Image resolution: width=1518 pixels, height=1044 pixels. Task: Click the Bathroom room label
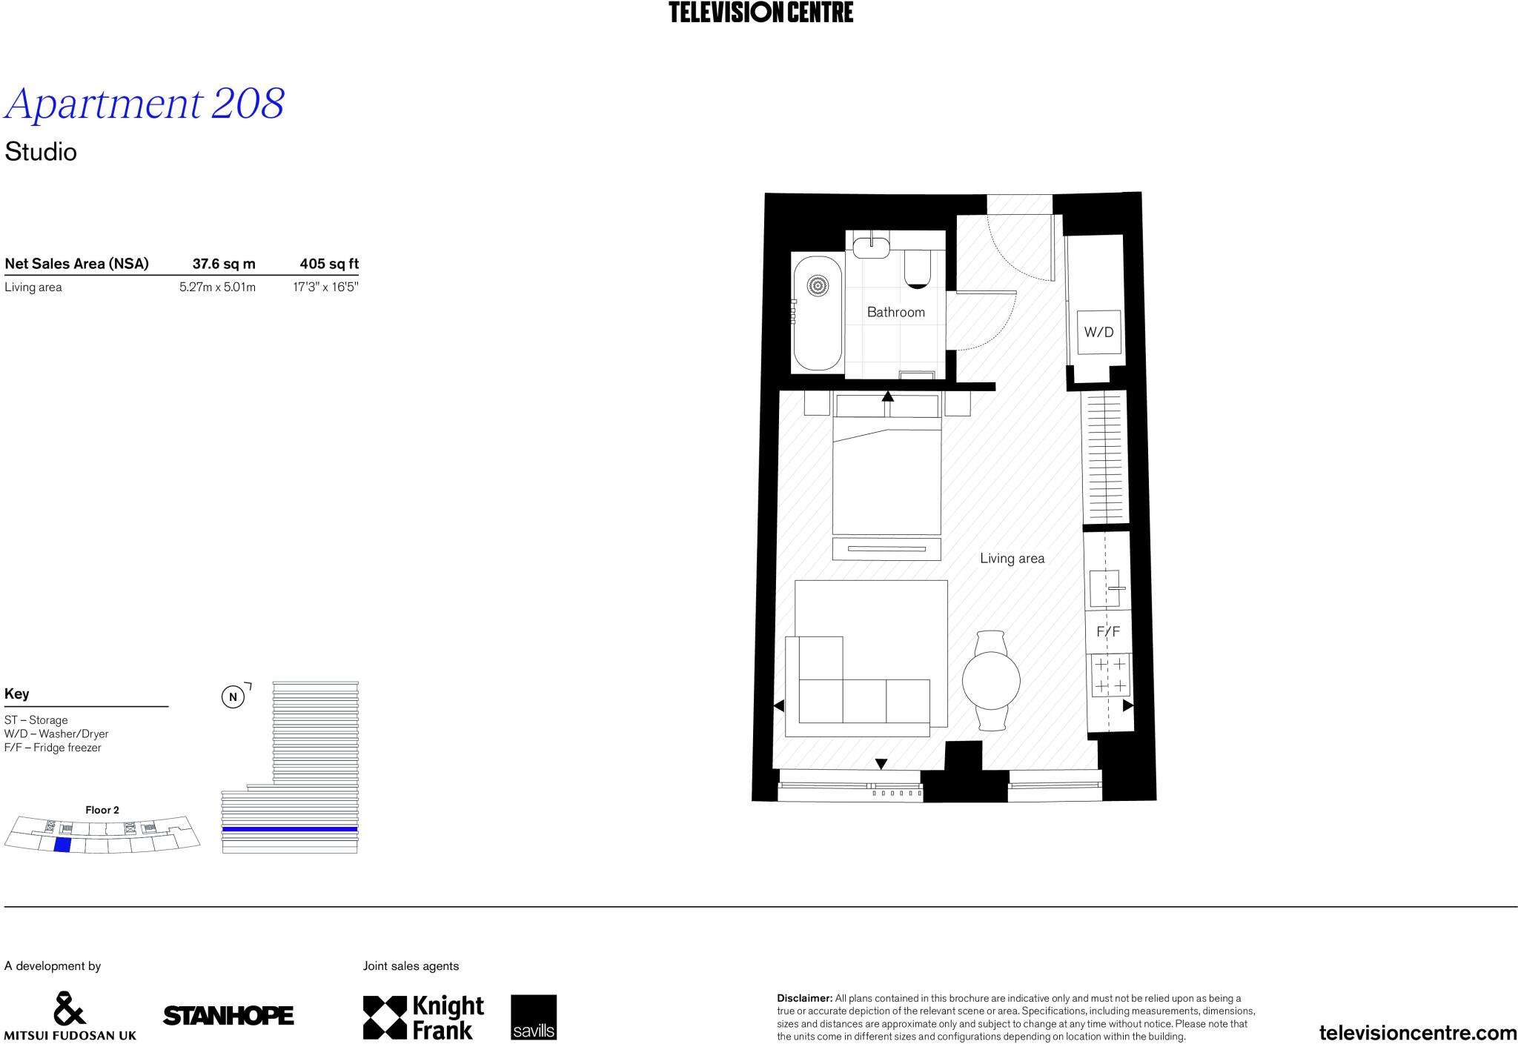[x=895, y=312]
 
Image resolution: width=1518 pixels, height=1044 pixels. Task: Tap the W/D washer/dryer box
[x=1098, y=332]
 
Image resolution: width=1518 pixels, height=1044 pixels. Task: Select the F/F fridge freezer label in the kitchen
[x=1108, y=632]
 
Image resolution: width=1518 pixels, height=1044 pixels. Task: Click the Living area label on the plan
[x=1012, y=559]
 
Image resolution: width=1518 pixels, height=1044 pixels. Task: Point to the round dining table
[x=991, y=680]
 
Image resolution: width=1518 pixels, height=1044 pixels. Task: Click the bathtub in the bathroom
[x=818, y=313]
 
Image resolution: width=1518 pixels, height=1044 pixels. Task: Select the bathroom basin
[x=871, y=246]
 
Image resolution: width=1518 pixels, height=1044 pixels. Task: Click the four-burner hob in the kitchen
[x=1110, y=676]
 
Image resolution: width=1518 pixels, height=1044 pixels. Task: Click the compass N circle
[x=233, y=697]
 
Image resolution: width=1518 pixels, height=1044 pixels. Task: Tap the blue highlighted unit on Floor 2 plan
[x=62, y=845]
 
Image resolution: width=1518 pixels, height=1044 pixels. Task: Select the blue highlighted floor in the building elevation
[x=290, y=829]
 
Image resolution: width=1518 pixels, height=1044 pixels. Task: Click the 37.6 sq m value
[x=224, y=264]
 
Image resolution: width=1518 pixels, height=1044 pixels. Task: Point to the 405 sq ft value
[x=329, y=264]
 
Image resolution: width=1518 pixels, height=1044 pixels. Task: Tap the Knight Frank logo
[x=423, y=1017]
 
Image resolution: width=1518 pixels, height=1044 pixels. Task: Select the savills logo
[x=533, y=1017]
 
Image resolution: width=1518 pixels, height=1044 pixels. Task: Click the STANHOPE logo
[x=228, y=1016]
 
